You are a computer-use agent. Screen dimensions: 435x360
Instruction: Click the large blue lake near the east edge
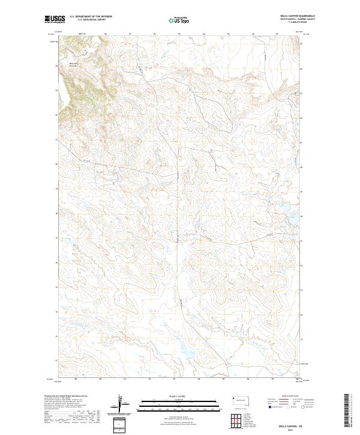point(283,209)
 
